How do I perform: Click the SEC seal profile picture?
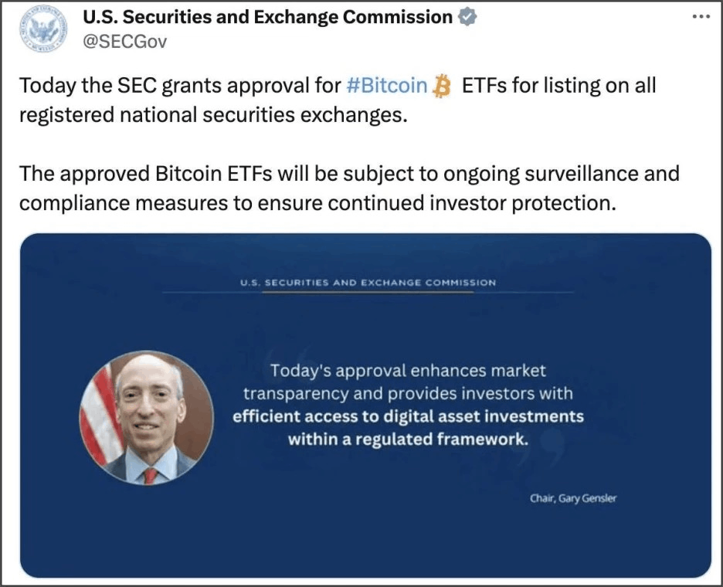click(x=43, y=29)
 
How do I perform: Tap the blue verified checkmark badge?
click(x=467, y=18)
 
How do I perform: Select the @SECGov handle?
click(x=124, y=42)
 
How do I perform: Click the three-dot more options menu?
click(x=701, y=16)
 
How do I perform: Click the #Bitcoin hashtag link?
click(x=386, y=86)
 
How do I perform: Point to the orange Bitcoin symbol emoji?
click(x=442, y=86)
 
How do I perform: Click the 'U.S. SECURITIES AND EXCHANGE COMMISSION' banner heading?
click(x=368, y=283)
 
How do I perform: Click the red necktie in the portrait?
click(x=150, y=475)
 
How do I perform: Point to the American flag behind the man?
click(x=98, y=414)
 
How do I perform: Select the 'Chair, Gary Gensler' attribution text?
click(x=572, y=498)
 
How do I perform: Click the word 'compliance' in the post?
click(x=75, y=203)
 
